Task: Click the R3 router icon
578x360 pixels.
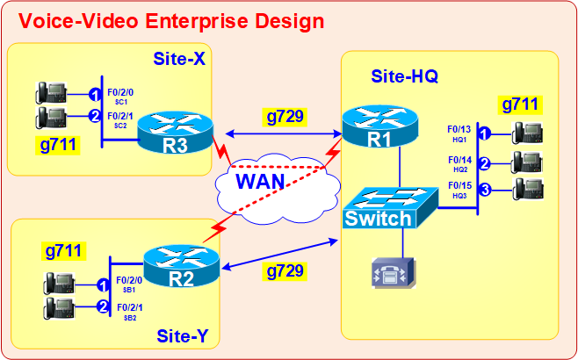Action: point(176,133)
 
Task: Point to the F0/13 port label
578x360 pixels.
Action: point(459,130)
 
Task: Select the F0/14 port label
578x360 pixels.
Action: point(459,160)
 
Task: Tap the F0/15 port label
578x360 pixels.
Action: point(459,185)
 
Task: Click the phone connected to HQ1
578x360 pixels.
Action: point(528,134)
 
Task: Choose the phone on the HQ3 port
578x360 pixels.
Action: point(528,189)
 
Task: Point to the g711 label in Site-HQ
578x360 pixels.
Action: point(520,105)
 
